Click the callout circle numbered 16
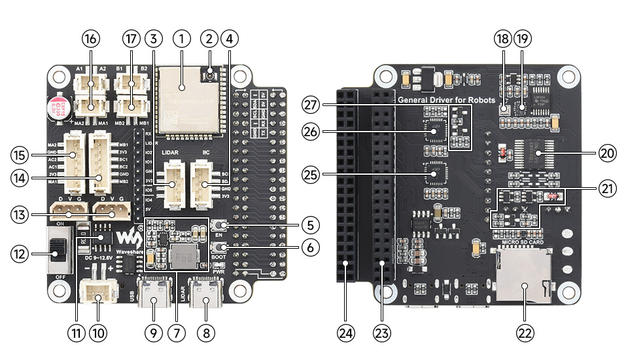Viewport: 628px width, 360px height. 90,39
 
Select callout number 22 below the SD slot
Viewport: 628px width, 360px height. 525,333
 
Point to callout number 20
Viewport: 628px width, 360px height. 608,153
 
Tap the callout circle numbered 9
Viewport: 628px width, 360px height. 152,333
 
